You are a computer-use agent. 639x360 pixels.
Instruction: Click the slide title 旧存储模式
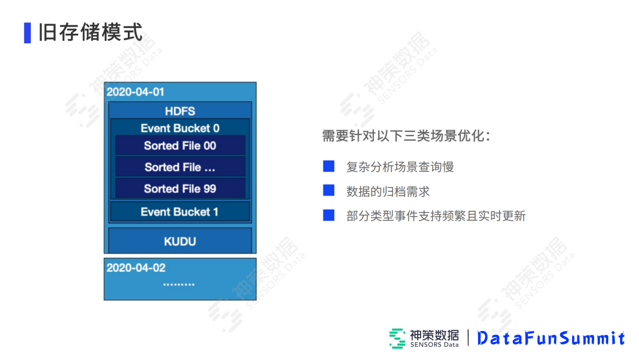coord(91,32)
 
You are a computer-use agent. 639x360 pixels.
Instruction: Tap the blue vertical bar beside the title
coord(27,33)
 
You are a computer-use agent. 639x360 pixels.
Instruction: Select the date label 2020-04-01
coord(135,92)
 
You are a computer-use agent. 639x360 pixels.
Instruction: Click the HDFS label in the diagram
coord(180,111)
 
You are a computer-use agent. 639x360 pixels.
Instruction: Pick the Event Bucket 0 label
coord(180,128)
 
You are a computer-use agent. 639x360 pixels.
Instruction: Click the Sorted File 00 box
coord(180,146)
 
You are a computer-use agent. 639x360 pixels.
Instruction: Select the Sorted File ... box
coord(180,167)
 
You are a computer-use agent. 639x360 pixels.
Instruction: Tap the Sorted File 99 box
coord(180,189)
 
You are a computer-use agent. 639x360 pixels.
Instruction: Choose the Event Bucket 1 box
coord(180,211)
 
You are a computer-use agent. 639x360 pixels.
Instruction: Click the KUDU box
coord(180,241)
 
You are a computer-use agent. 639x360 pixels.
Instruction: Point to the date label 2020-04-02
coord(136,268)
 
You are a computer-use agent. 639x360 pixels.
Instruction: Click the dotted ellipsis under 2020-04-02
coord(179,285)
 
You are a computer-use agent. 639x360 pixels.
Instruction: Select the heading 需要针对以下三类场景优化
coord(406,136)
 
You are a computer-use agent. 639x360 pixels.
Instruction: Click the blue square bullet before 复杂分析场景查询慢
coord(328,166)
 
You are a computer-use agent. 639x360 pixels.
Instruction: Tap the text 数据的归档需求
coord(388,191)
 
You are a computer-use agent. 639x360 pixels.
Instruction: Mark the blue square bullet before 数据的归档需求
coord(328,191)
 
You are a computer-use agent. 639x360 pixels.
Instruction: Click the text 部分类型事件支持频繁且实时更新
coord(435,216)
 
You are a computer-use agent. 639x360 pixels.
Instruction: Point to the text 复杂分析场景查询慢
coord(400,167)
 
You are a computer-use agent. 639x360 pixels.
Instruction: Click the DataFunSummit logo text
coord(551,338)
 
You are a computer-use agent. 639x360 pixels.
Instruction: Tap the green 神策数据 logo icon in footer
coord(397,338)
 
